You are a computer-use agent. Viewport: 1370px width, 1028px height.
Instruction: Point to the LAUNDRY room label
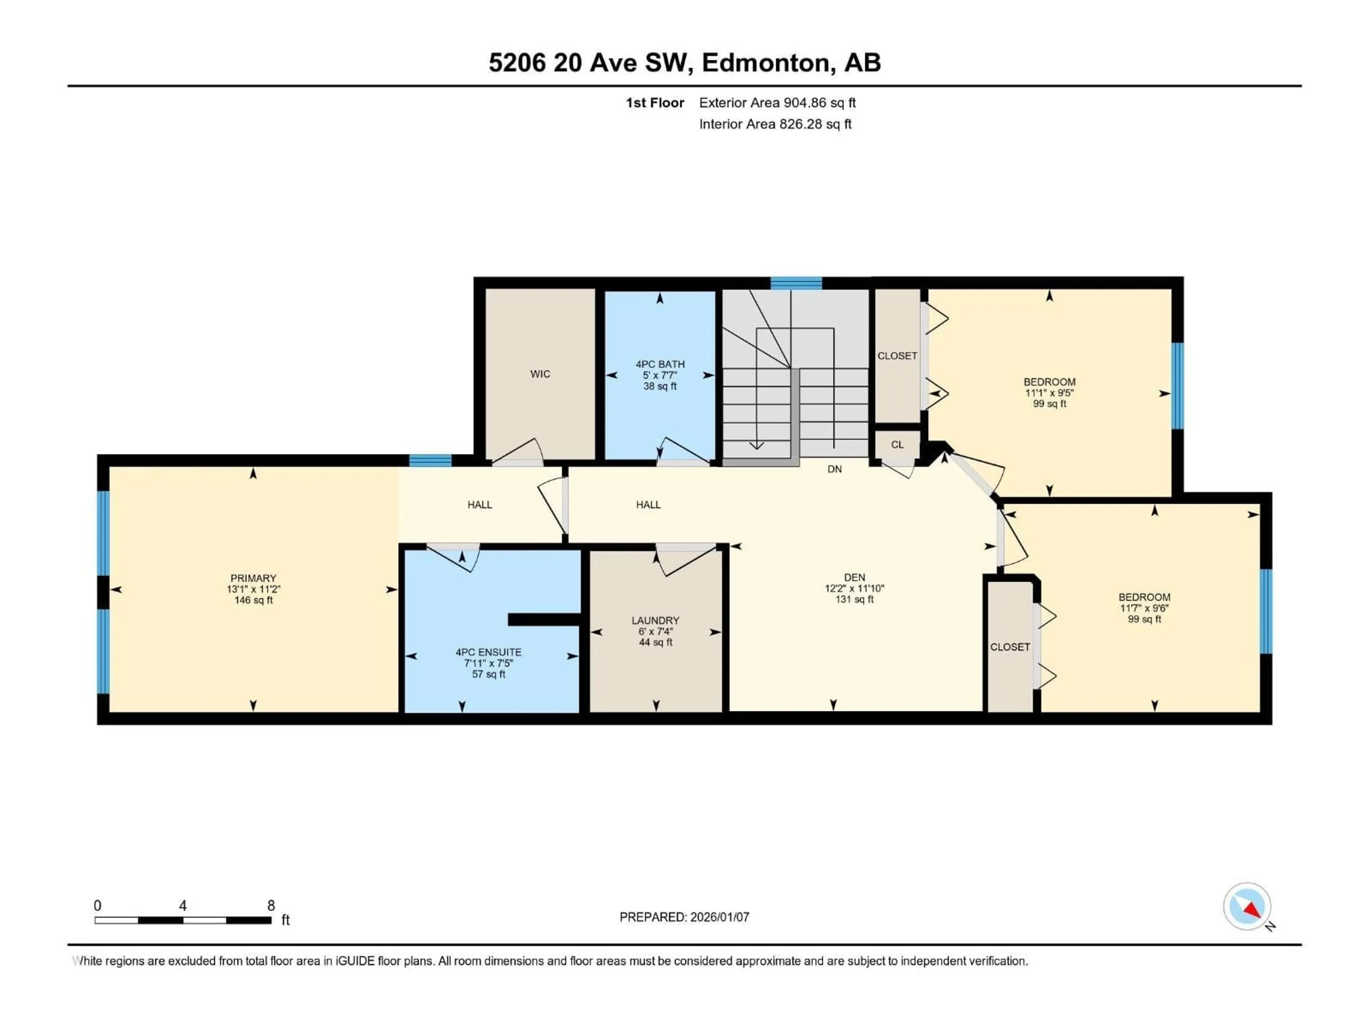655,620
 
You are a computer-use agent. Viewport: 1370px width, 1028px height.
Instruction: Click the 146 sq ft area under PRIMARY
253,600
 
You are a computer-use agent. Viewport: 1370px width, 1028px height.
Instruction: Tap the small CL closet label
897,445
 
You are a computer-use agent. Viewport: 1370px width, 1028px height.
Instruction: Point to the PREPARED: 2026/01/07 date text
684,917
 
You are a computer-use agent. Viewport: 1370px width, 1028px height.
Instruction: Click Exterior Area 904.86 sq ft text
777,103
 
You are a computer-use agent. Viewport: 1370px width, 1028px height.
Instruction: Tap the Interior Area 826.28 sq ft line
775,124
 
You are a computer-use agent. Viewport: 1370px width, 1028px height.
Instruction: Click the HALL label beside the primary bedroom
479,505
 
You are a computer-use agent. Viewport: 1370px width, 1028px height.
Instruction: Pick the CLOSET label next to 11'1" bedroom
897,356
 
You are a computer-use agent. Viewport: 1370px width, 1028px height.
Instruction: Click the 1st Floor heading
655,103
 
